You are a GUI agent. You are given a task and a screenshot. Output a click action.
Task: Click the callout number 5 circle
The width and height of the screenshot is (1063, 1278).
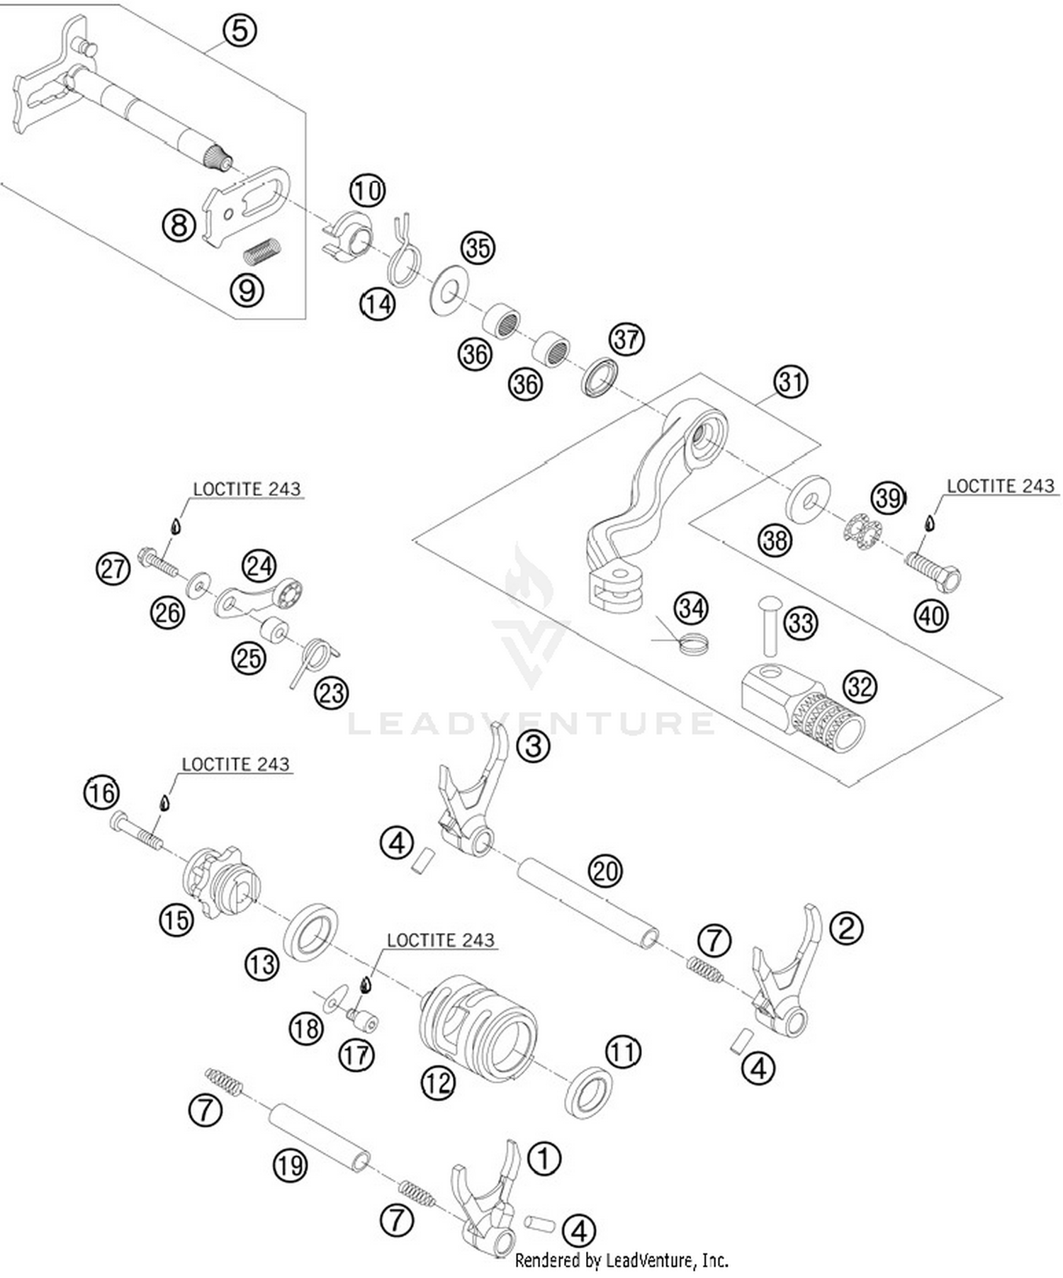pos(240,30)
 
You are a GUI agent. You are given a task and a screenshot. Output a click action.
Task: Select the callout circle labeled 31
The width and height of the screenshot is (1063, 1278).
pos(790,382)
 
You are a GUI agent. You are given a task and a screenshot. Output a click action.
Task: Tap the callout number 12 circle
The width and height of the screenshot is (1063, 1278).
pos(437,1082)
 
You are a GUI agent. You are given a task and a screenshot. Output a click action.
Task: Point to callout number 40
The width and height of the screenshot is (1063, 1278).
pos(930,615)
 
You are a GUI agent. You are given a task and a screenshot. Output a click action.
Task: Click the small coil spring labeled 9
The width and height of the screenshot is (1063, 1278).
pos(262,249)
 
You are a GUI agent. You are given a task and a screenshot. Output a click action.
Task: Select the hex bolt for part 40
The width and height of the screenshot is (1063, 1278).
pos(933,570)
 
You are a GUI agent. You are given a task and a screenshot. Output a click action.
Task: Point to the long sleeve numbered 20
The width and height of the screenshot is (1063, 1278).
pos(587,903)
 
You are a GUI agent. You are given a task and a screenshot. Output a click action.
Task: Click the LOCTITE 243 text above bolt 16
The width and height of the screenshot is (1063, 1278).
pos(235,764)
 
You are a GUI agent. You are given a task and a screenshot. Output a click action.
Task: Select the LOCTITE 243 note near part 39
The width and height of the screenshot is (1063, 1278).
pos(1001,486)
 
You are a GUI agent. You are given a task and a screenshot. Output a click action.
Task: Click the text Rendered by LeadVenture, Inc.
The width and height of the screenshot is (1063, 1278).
pos(622,1260)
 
